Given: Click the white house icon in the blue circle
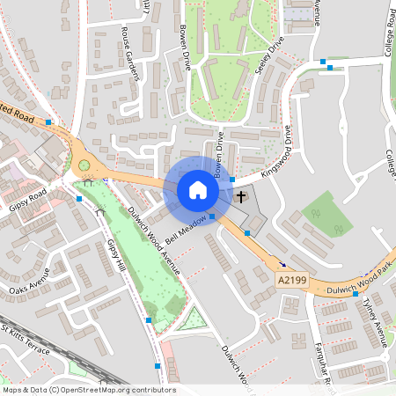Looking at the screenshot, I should [x=198, y=190].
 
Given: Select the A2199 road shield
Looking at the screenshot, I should [x=291, y=279].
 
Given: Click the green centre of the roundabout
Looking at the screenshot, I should [x=84, y=165].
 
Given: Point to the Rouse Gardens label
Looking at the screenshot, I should [x=132, y=54].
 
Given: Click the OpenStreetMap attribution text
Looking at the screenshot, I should [x=88, y=389].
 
